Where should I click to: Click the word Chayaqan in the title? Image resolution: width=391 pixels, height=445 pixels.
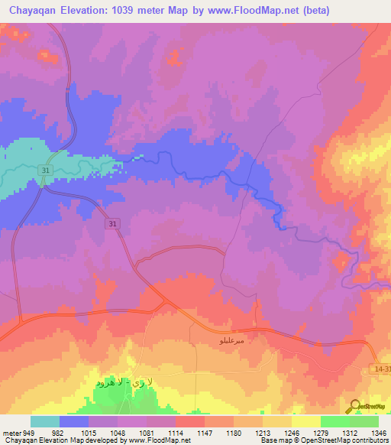[31, 10]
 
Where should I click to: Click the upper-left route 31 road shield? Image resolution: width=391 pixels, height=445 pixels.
[46, 170]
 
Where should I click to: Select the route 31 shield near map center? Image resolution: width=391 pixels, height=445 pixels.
[113, 223]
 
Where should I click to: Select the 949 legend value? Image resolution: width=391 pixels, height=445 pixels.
[30, 432]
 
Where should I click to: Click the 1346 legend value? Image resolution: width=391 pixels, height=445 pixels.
[378, 432]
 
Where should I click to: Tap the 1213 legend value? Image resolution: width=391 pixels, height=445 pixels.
[262, 432]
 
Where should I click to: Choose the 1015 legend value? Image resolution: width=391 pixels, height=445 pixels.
[88, 432]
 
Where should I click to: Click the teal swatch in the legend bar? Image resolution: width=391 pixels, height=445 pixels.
[45, 421]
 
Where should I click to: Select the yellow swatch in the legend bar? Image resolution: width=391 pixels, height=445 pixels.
[305, 421]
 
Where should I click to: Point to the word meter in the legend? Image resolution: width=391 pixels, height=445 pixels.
[11, 432]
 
